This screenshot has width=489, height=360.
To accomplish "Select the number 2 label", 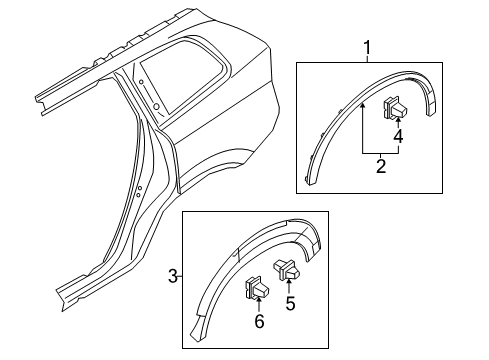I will [381, 168].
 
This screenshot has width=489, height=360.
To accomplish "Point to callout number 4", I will [398, 136].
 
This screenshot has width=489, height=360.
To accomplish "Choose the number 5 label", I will [291, 302].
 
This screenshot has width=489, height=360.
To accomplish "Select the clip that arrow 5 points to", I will [286, 269].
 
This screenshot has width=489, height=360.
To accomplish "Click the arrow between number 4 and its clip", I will [398, 121].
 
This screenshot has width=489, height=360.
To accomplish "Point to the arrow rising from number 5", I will [290, 287].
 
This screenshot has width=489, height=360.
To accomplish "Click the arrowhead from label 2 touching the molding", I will [360, 105].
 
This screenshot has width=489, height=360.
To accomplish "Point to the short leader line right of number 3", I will [180, 275].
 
